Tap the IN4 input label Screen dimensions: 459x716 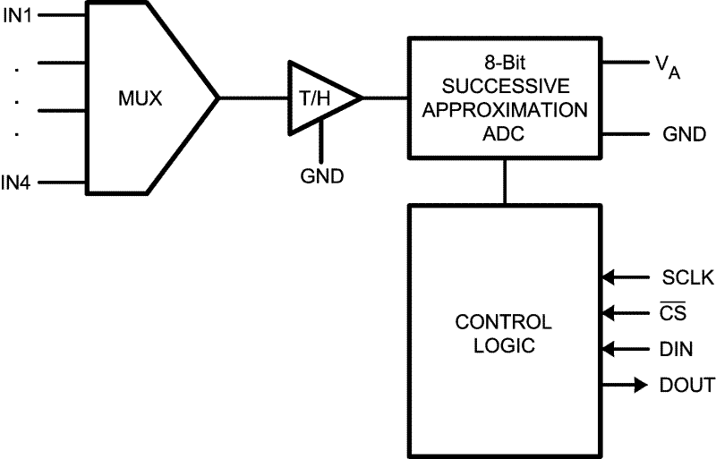(x=16, y=183)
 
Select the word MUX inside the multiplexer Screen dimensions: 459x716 (x=141, y=98)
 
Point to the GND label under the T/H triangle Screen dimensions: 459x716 (x=322, y=176)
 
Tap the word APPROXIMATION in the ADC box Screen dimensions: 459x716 (x=505, y=112)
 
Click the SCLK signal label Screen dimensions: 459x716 (x=687, y=278)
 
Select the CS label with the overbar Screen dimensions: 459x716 (x=674, y=314)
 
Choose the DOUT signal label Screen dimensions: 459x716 (x=687, y=386)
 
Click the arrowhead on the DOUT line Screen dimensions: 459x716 (x=639, y=386)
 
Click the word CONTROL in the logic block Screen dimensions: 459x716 (x=504, y=321)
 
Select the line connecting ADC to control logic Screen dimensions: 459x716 (x=505, y=182)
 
